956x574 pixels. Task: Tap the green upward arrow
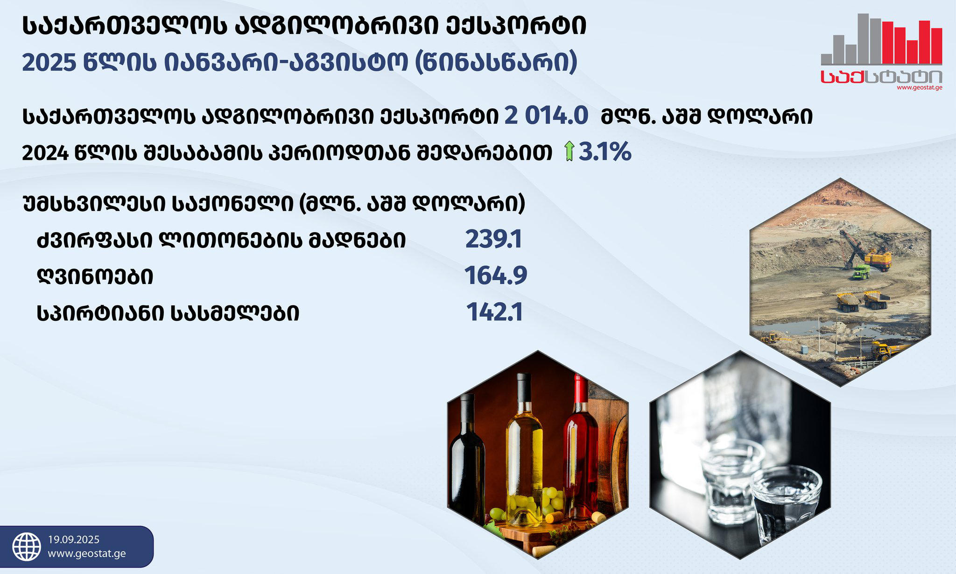(x=569, y=152)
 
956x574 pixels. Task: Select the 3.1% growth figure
(x=605, y=152)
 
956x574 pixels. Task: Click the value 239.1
(x=494, y=240)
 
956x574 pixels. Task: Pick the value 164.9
(x=496, y=276)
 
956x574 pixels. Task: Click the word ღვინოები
(x=95, y=277)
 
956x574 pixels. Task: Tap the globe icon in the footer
(x=27, y=547)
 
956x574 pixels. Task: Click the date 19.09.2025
(x=74, y=540)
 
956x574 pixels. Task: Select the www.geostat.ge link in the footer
(x=87, y=554)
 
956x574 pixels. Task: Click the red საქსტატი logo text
(x=881, y=77)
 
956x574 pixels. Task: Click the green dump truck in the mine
(x=861, y=271)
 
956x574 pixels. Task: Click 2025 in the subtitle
(x=49, y=63)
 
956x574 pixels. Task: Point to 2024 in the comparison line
(x=46, y=153)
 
